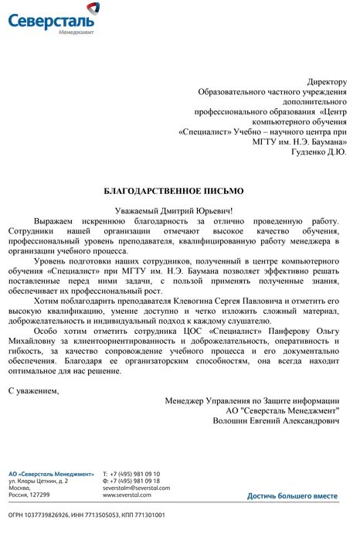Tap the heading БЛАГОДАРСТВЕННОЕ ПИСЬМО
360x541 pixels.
[173, 189]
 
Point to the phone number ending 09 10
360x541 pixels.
[140, 473]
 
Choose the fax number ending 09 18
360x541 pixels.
[140, 481]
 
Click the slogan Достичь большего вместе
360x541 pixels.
[292, 495]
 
